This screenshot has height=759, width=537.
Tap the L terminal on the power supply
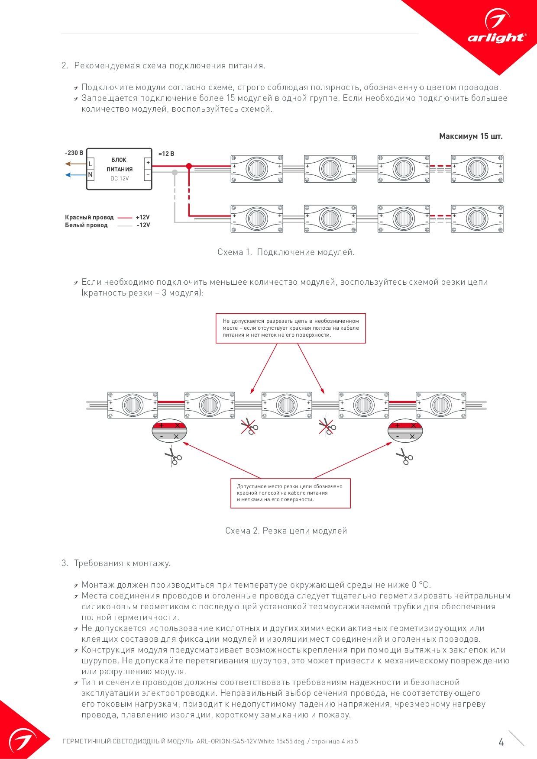click(91, 164)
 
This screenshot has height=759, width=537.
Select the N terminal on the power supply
click(91, 175)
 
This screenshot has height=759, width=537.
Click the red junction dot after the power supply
click(189, 166)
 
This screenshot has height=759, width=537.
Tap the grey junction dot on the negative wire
click(175, 172)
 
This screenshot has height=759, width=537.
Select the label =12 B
click(166, 154)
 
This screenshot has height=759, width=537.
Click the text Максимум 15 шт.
click(471, 136)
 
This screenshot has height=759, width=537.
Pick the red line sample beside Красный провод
click(125, 218)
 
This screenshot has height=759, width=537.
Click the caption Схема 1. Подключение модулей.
click(286, 252)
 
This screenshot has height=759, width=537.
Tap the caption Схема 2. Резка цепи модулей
click(286, 531)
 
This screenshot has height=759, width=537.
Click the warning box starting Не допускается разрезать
click(291, 328)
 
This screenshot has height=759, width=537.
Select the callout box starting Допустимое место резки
click(290, 493)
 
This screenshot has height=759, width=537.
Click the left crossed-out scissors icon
click(249, 426)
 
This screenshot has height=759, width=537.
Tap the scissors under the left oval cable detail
click(173, 456)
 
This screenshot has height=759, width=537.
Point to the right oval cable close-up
click(405, 431)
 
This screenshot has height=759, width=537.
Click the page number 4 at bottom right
click(501, 742)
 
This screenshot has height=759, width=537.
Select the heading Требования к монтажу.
click(122, 563)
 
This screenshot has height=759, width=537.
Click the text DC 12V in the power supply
click(120, 178)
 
